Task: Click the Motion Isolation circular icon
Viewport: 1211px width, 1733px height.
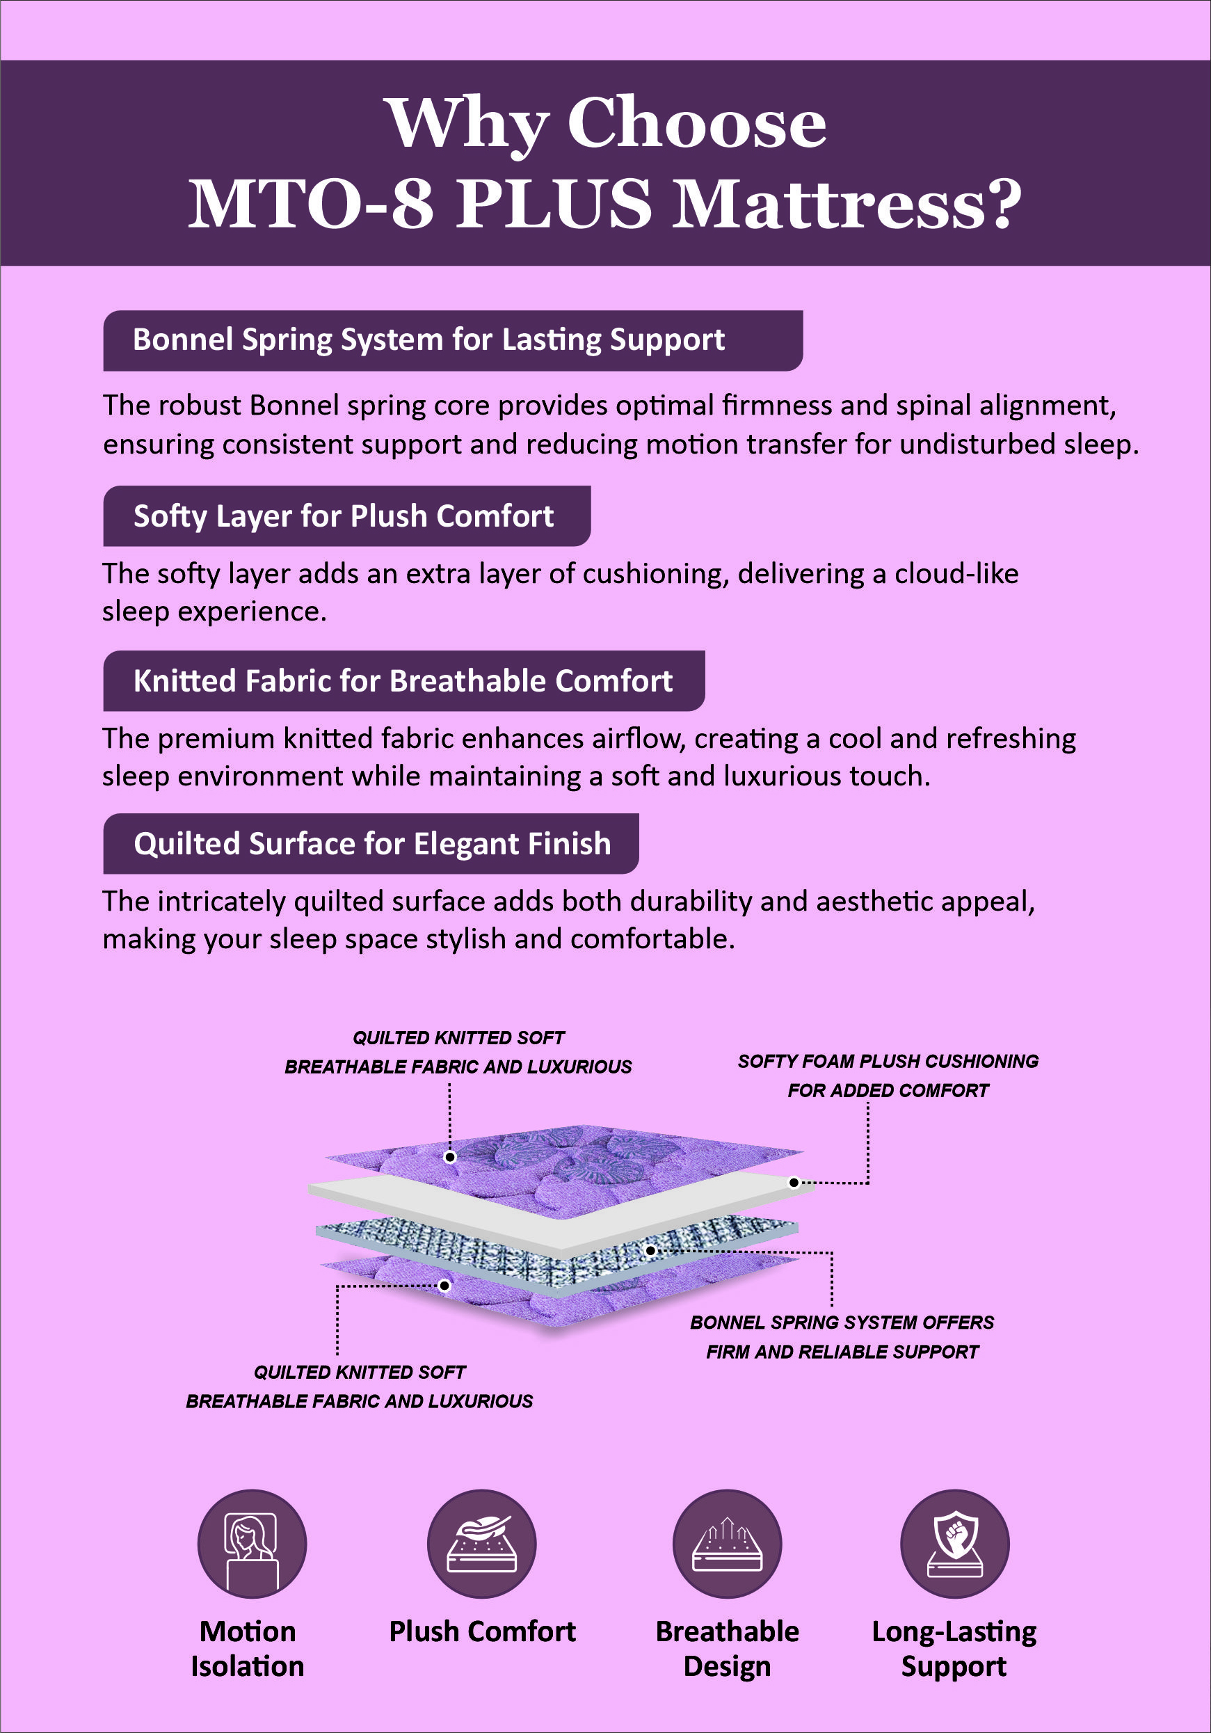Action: coord(252,1544)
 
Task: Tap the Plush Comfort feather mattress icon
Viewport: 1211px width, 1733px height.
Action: coord(481,1544)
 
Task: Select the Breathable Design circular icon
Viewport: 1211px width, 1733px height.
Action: coord(727,1544)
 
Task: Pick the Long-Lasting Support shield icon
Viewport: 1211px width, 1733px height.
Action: coord(954,1544)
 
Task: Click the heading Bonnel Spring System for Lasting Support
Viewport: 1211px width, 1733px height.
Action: coord(428,340)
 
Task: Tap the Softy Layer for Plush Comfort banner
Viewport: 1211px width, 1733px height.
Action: coord(344,516)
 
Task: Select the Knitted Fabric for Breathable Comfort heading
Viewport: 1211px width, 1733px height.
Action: coord(403,681)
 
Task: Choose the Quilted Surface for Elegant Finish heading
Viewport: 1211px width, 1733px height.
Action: coord(372,844)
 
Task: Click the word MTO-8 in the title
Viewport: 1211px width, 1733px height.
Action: coord(311,204)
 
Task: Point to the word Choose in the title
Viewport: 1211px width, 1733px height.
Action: coord(696,123)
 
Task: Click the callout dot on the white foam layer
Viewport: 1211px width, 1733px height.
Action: coord(794,1183)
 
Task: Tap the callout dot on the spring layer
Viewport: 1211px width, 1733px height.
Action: coord(650,1251)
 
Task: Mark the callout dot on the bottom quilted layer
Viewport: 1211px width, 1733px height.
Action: coord(445,1286)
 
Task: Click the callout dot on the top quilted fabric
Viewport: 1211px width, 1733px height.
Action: coord(450,1157)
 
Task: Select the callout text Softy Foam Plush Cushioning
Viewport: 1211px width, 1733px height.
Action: coord(888,1061)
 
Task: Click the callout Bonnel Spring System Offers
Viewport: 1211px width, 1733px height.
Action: coord(842,1323)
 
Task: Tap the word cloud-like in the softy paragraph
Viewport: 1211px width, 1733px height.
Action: coord(956,575)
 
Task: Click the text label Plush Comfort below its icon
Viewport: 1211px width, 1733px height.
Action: coord(482,1631)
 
